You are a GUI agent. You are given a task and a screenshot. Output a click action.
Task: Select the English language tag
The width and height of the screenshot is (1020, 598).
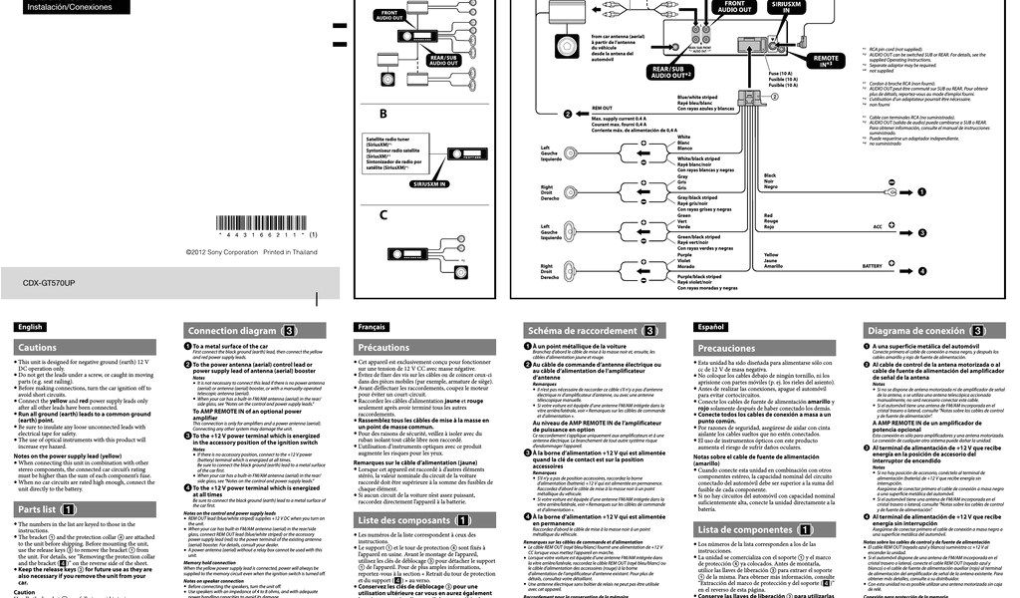click(30, 327)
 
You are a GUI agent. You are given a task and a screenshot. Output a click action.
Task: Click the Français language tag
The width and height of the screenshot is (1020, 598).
click(371, 327)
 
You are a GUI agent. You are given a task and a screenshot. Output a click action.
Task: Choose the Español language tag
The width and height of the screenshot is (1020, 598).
click(711, 327)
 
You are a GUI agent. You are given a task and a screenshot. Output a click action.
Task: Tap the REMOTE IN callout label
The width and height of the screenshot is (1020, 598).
click(827, 61)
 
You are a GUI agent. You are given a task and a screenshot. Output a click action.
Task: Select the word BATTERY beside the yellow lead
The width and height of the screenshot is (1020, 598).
click(872, 266)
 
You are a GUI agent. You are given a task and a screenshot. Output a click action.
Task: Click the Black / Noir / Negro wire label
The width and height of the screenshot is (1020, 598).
click(771, 180)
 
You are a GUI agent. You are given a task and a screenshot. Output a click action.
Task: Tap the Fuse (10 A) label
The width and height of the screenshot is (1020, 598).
click(780, 73)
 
